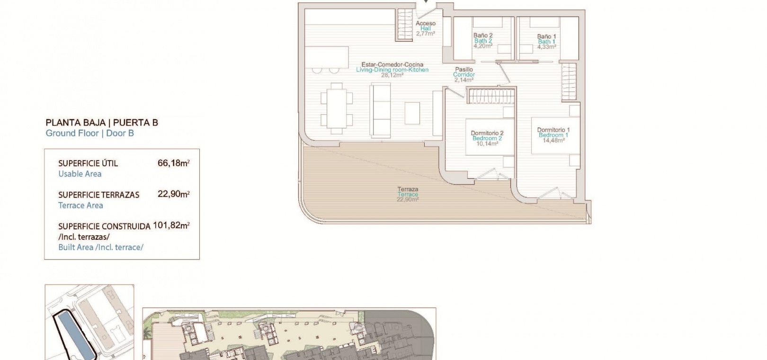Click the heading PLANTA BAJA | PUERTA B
(x=102, y=123)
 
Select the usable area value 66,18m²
(x=174, y=163)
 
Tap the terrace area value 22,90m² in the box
(x=174, y=194)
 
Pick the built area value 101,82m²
(x=171, y=225)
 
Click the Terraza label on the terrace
(x=408, y=189)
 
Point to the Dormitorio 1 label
(x=553, y=130)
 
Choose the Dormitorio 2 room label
(x=487, y=133)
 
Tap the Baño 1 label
(x=546, y=36)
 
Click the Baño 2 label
(x=483, y=35)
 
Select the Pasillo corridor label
(x=464, y=69)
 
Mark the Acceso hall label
(x=426, y=23)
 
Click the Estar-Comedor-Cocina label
(x=392, y=64)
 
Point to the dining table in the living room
(x=337, y=108)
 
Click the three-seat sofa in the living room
(x=380, y=110)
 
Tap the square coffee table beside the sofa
(x=412, y=113)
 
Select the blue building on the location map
(x=75, y=334)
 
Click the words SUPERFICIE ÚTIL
(x=88, y=163)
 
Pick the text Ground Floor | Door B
(x=89, y=133)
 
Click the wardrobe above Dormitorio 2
(x=491, y=96)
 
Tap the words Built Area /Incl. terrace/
(x=101, y=247)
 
